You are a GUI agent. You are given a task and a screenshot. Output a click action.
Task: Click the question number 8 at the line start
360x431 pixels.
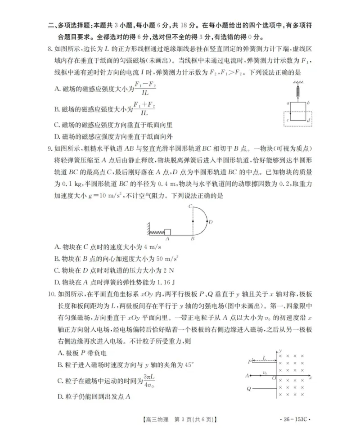point(50,49)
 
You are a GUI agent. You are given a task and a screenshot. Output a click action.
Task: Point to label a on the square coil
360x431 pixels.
point(288,103)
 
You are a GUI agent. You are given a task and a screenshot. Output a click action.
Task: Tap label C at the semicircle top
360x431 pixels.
point(191,207)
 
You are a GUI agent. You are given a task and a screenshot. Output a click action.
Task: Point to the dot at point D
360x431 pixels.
point(207,220)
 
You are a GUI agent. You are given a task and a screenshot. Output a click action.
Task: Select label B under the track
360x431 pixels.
point(192,239)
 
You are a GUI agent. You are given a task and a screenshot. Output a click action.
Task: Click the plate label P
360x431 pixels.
point(249,361)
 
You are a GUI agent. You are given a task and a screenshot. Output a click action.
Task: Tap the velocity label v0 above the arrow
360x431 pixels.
point(265,372)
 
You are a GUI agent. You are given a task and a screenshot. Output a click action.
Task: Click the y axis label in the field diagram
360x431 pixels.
point(280,350)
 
